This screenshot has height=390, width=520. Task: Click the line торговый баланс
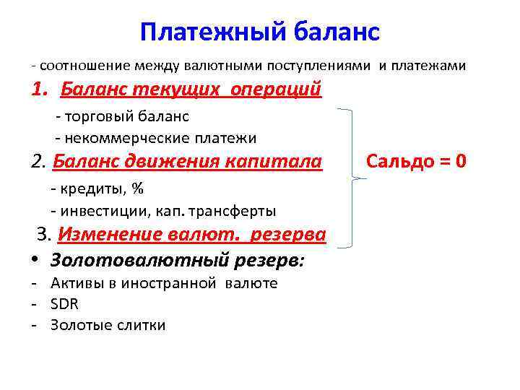[126, 116]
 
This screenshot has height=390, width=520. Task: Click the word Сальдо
[398, 160]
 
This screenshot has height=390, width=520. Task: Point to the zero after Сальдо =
[459, 160]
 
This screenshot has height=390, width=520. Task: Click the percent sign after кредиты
[138, 189]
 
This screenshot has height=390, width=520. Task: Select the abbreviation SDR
[64, 304]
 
